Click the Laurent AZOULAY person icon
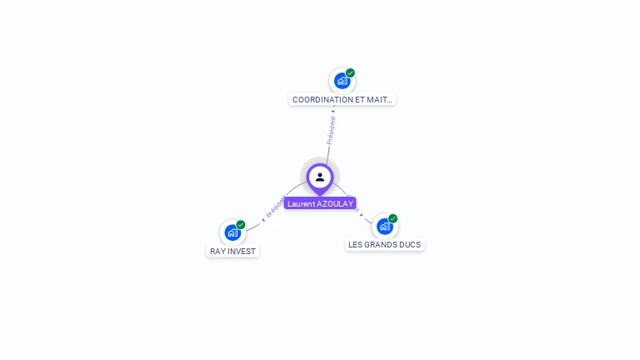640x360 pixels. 320,177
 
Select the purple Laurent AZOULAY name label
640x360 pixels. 320,203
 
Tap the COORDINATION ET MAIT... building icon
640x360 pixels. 342,81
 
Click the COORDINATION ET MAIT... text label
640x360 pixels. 342,99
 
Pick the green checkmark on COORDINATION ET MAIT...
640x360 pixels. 351,72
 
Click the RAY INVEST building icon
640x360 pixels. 232,232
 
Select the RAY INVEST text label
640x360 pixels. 233,251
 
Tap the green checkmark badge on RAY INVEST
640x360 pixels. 241,224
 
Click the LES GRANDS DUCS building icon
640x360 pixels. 384,226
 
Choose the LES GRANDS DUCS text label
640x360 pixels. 385,245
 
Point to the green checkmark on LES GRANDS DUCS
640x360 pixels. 393,218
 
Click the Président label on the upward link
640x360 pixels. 332,130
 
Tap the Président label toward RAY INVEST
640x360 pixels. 275,207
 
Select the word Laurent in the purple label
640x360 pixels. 300,203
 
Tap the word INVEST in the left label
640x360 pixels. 244,251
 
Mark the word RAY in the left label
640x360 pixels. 218,251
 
